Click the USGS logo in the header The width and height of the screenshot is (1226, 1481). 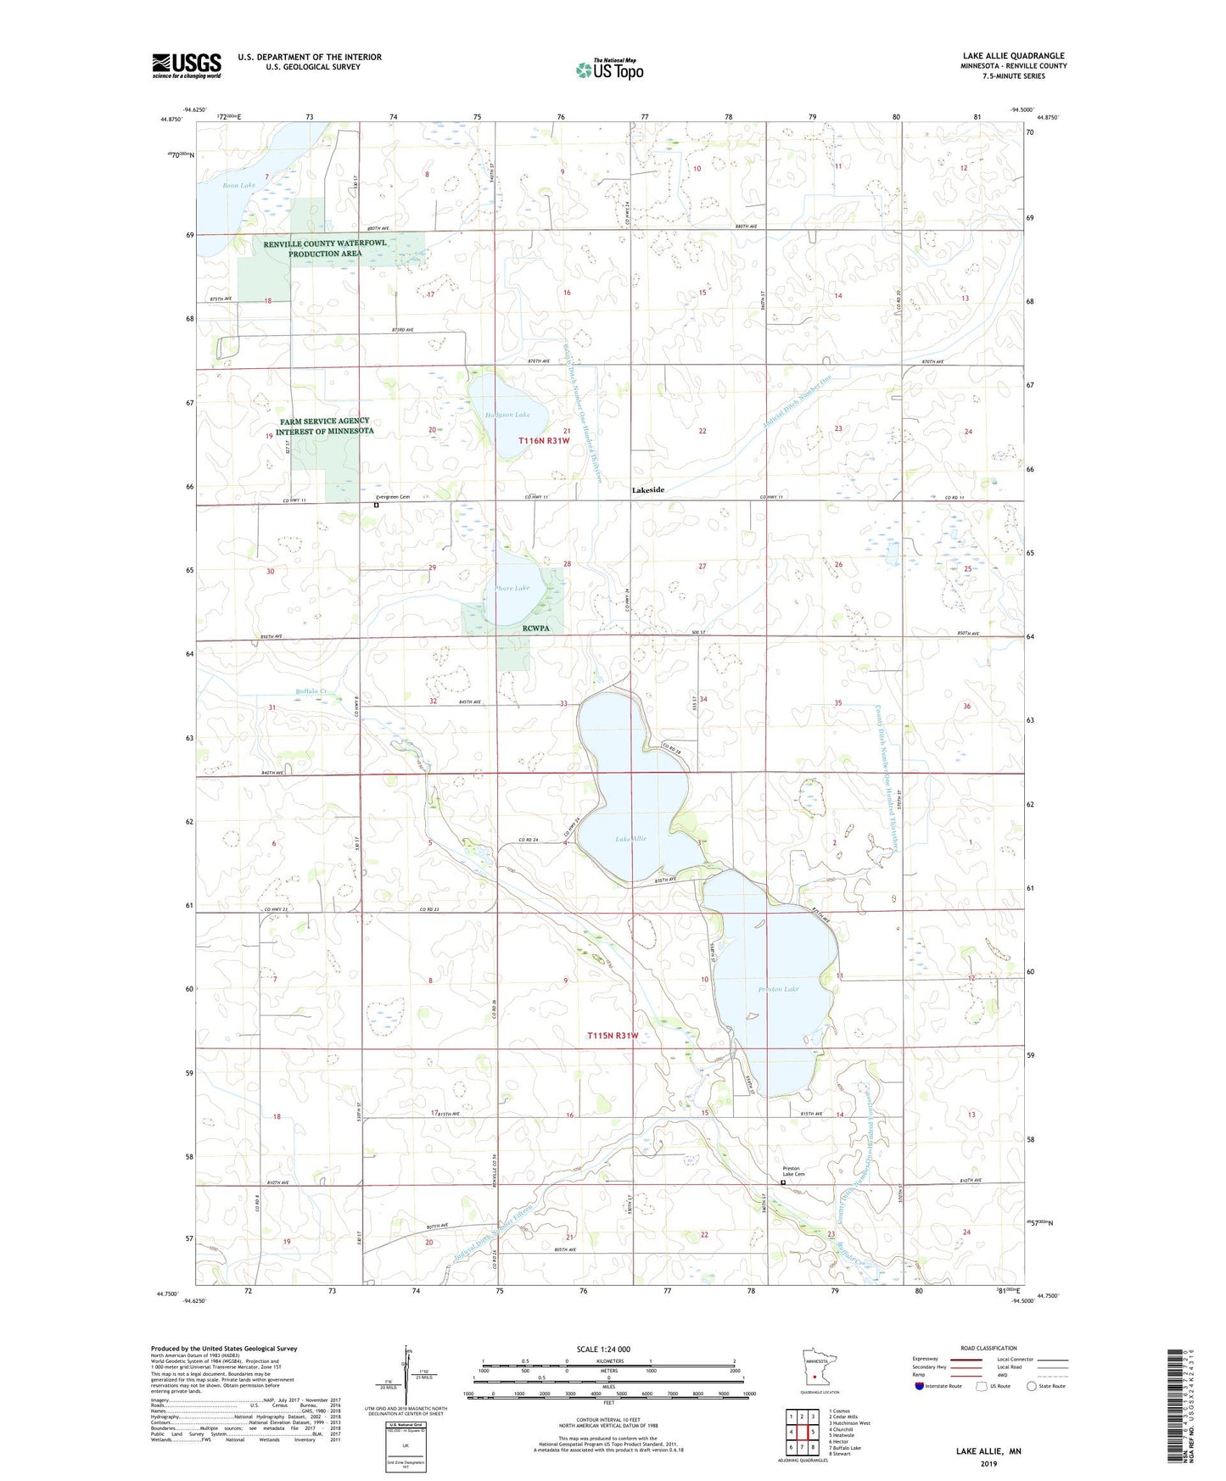[186, 65]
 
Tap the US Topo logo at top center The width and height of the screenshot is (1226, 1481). [608, 70]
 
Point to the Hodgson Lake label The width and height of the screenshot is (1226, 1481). [507, 415]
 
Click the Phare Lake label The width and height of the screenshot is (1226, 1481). [512, 588]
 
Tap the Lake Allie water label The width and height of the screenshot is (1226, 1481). [630, 839]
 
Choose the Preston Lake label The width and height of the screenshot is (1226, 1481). [778, 989]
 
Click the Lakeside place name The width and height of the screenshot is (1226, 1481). [647, 490]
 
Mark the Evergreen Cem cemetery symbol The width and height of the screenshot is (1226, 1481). [376, 506]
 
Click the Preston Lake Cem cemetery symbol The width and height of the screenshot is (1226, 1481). [783, 1182]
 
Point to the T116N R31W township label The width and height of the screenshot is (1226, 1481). [543, 441]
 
